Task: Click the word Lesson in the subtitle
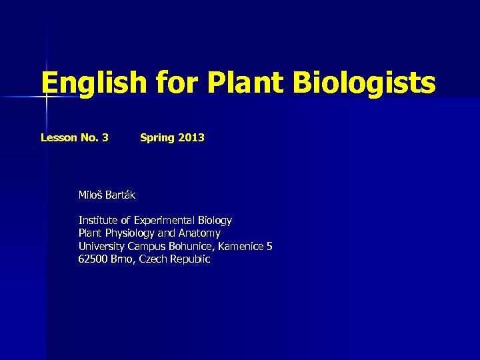[x=59, y=138]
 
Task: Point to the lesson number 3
[x=105, y=138]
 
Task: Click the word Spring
[x=157, y=138]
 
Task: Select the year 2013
[x=191, y=138]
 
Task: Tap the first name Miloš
[x=91, y=195]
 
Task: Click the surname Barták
[x=121, y=195]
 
